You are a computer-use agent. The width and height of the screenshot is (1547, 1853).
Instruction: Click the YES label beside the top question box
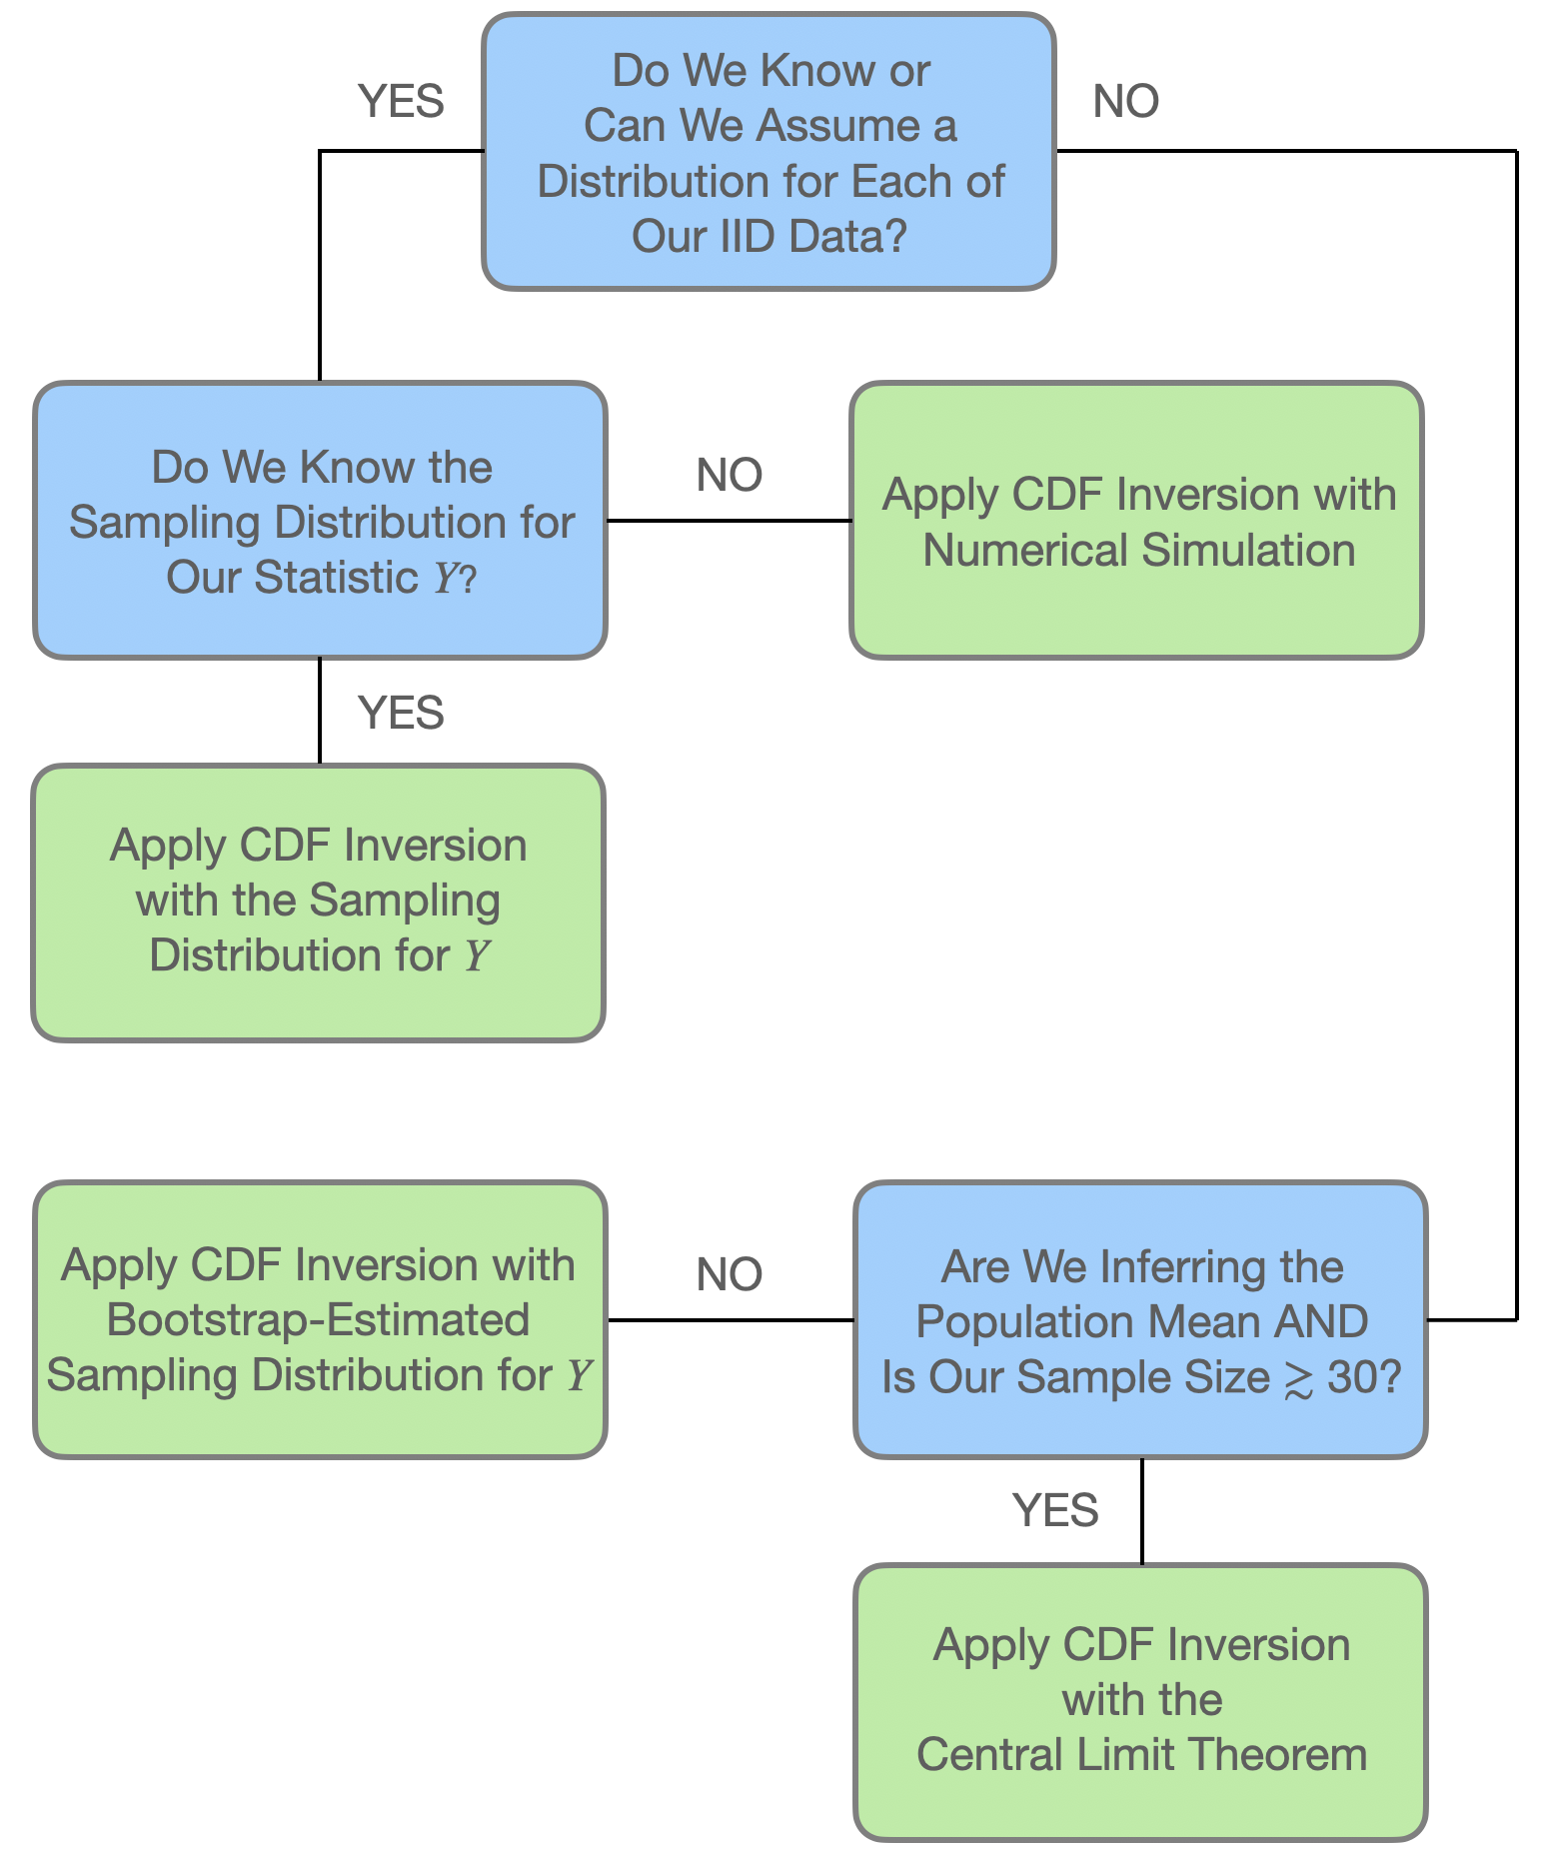coord(401,101)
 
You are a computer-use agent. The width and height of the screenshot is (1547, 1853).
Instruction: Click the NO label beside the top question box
coord(1125,101)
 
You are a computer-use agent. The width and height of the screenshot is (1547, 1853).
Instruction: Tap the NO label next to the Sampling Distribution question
coord(729,475)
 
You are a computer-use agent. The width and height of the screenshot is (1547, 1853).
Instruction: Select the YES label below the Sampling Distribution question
coord(401,713)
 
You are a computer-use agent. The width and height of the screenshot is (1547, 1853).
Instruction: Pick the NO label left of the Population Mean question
coord(729,1274)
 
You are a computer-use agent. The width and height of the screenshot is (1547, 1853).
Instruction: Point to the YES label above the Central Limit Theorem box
coord(1055,1510)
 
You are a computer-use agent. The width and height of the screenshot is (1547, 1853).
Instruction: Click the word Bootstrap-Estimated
coord(318,1320)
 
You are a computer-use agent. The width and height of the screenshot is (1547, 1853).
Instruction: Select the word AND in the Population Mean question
coord(1321,1322)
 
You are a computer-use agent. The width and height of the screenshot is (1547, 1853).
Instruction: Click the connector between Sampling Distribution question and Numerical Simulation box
coord(729,521)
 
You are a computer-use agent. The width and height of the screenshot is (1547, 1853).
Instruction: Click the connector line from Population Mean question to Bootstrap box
coord(729,1320)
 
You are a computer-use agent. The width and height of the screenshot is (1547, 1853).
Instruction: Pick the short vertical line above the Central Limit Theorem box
coord(1141,1511)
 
